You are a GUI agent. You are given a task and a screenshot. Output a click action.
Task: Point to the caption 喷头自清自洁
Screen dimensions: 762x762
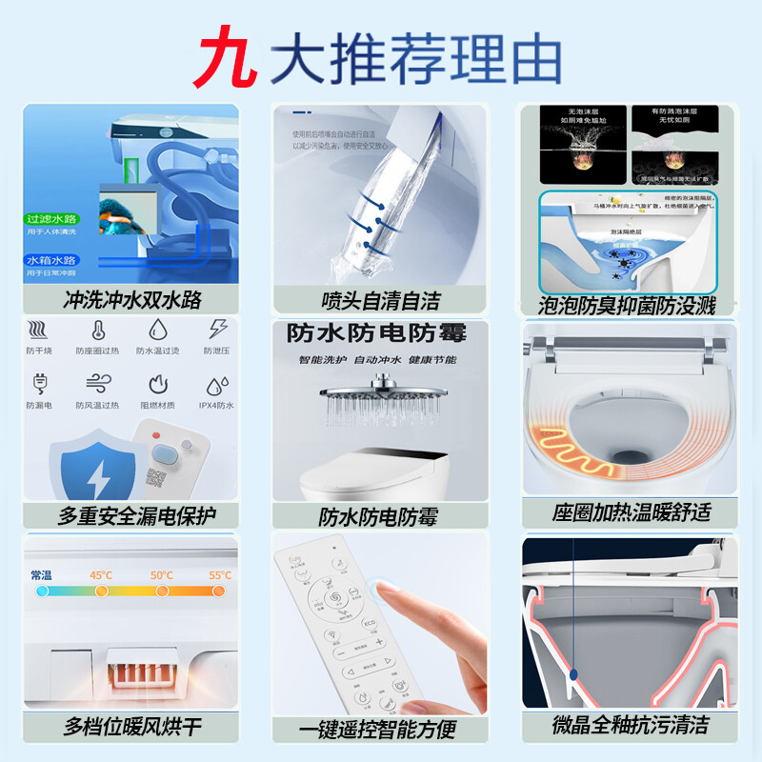[380, 301]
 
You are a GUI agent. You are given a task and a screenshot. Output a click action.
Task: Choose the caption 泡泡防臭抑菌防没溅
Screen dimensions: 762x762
[628, 305]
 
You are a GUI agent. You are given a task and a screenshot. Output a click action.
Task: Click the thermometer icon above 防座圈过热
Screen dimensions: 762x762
[98, 331]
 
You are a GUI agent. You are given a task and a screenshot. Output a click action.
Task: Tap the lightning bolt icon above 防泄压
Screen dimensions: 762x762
[218, 330]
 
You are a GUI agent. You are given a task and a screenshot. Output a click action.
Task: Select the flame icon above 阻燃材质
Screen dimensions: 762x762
[158, 385]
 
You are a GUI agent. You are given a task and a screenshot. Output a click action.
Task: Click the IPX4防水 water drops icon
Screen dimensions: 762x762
[217, 385]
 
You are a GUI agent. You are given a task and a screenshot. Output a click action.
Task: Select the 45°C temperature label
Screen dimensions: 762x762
[101, 575]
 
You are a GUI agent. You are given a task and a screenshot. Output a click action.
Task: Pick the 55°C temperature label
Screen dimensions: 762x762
[219, 575]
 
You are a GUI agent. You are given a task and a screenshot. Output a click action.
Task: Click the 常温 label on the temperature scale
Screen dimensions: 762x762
[42, 575]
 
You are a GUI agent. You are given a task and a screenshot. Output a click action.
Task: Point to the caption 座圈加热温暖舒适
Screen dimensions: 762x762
[631, 511]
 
